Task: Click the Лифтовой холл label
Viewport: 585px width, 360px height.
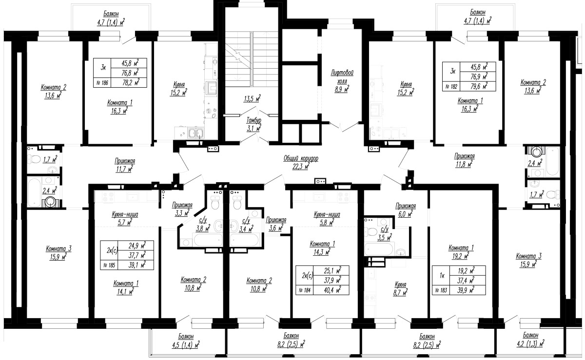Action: tap(342, 81)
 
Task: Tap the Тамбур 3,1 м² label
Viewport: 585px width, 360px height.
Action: tap(254, 124)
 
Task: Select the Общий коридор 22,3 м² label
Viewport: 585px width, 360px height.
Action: tap(301, 162)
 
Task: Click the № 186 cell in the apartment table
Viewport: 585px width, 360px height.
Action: tap(102, 83)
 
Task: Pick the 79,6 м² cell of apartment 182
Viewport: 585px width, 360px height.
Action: tap(479, 86)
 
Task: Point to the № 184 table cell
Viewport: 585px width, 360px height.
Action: tap(305, 290)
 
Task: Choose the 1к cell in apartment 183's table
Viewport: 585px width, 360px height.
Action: tap(442, 275)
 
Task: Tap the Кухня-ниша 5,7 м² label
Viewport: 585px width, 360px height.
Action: tap(125, 218)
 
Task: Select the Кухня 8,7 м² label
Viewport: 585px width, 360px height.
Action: tap(400, 288)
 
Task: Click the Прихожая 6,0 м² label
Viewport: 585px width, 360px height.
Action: tap(406, 210)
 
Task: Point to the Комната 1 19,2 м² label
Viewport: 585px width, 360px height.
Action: tap(461, 252)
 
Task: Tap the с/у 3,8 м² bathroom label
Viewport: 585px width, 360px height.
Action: tap(203, 225)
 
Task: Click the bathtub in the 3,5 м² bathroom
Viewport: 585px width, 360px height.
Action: tap(379, 249)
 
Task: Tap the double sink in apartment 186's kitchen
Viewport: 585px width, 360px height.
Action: tap(196, 133)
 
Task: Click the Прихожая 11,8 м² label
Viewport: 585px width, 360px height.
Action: tap(464, 160)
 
